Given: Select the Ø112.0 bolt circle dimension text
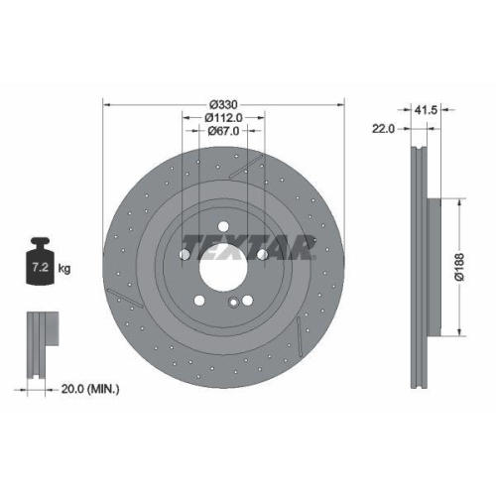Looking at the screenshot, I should pyautogui.click(x=223, y=121).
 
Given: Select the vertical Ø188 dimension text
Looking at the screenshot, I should pyautogui.click(x=460, y=266).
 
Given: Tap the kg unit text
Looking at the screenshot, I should pyautogui.click(x=64, y=269).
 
